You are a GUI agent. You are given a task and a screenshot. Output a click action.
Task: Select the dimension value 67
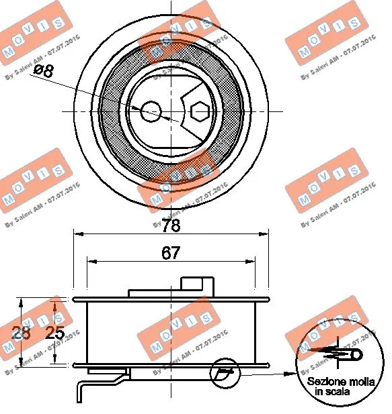click(x=171, y=252)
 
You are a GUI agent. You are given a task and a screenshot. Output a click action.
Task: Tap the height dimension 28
click(x=23, y=333)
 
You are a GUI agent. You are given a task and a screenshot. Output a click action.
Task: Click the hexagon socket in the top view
click(x=200, y=111)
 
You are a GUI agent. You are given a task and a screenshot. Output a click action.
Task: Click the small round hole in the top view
click(x=151, y=111)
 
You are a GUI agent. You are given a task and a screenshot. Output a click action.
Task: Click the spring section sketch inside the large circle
click(x=340, y=353)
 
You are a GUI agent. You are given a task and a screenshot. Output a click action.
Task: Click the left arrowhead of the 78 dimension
click(x=77, y=234)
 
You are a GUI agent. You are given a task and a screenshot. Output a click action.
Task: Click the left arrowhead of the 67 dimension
click(x=90, y=261)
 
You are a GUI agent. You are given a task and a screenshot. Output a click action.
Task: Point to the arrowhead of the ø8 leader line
click(x=138, y=109)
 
